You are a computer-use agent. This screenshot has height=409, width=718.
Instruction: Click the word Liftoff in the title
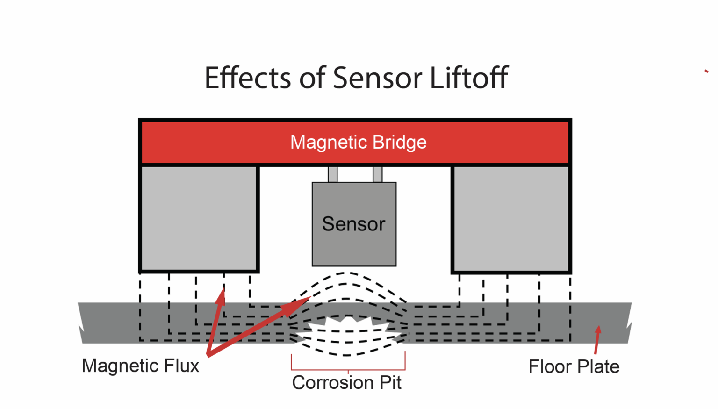click(x=469, y=78)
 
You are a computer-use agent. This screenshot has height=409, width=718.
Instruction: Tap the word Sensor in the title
click(x=378, y=78)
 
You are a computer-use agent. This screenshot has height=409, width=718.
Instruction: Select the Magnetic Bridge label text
click(x=358, y=142)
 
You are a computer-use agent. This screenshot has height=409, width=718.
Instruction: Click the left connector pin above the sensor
click(x=332, y=174)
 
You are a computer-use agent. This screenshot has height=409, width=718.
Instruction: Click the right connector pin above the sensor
click(x=377, y=174)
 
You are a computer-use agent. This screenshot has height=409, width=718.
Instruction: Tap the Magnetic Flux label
click(x=140, y=366)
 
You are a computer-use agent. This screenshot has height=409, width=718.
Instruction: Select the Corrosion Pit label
click(x=346, y=383)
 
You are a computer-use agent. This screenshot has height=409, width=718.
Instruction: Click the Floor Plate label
click(x=574, y=367)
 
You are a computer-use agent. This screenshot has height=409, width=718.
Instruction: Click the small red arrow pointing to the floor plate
click(x=597, y=340)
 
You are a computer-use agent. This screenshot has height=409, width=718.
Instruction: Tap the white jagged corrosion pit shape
click(x=348, y=325)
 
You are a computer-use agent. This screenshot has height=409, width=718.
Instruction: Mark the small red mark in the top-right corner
click(x=706, y=71)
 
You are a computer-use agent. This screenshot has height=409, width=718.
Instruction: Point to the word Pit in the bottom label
click(x=390, y=383)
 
